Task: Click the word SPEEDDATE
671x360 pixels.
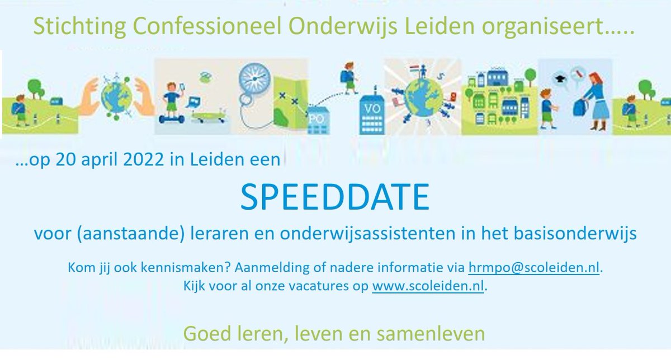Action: click(335, 197)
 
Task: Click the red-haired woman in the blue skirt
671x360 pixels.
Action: click(595, 98)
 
